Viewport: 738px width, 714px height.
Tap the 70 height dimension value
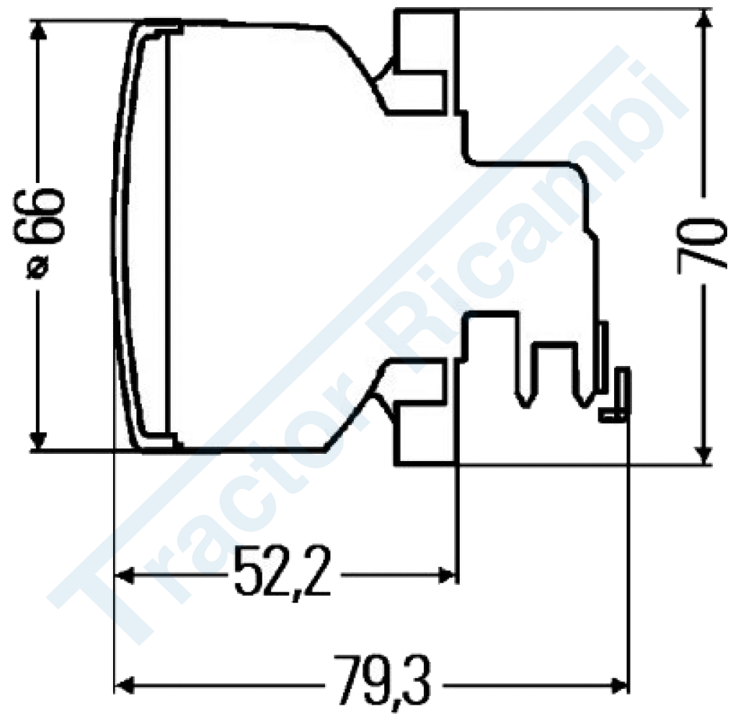click(699, 245)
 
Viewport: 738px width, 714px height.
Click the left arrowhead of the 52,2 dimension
click(124, 575)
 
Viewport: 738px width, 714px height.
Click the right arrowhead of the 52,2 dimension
click(447, 575)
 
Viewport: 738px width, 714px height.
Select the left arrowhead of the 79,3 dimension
click(124, 684)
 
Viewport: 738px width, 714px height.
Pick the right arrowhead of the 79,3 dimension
click(619, 684)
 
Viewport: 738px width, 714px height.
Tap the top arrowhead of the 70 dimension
click(703, 19)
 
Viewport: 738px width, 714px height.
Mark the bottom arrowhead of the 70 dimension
click(703, 455)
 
